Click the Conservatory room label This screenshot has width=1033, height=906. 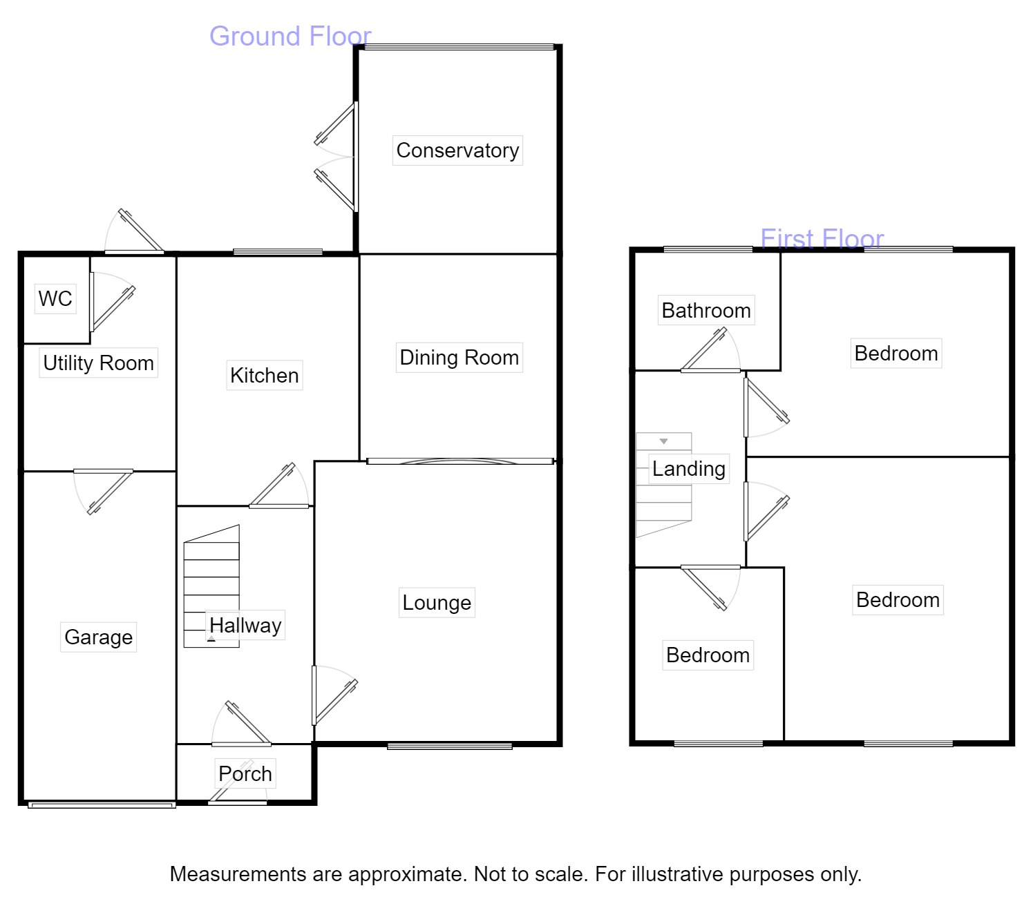(457, 151)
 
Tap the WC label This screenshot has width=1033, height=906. (55, 299)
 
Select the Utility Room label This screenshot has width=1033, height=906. (98, 363)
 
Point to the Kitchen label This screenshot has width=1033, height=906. (264, 376)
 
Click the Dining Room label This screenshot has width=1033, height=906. (459, 358)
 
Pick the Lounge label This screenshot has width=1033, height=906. (437, 603)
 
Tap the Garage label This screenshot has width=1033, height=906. (98, 637)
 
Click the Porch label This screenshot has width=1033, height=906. (245, 774)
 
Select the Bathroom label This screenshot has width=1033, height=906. (705, 311)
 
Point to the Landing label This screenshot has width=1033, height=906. (688, 469)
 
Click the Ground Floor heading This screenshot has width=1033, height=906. (290, 36)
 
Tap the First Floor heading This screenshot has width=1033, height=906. (822, 239)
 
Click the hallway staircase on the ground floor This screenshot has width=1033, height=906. (211, 587)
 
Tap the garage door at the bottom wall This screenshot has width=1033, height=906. (102, 804)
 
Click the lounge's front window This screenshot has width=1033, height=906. (449, 746)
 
